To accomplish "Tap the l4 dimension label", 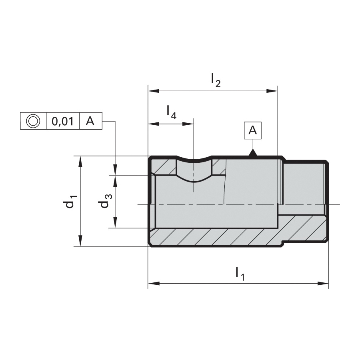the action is pyautogui.click(x=172, y=112).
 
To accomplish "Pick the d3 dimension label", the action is pyautogui.click(x=106, y=201).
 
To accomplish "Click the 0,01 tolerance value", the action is pyautogui.click(x=63, y=121).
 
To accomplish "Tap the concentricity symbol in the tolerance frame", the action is pyautogui.click(x=33, y=121).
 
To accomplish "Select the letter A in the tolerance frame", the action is pyautogui.click(x=90, y=121).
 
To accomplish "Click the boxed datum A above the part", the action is pyautogui.click(x=252, y=130).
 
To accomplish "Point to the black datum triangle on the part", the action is pyautogui.click(x=253, y=153).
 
